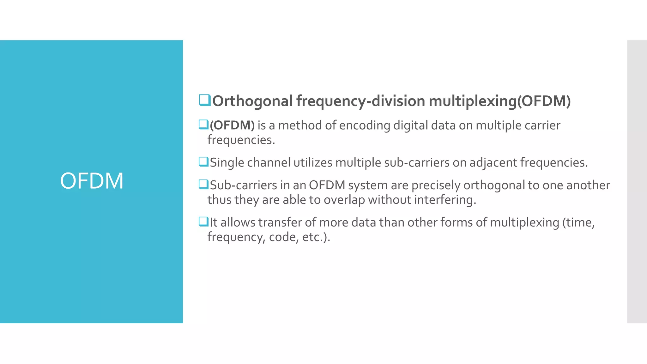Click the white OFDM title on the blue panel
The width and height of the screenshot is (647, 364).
(x=92, y=181)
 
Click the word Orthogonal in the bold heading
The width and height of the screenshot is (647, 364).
(x=252, y=101)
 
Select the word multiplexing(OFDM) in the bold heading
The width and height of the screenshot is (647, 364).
(x=499, y=101)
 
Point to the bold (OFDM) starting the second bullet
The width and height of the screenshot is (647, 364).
(x=232, y=125)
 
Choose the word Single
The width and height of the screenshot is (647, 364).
(x=227, y=163)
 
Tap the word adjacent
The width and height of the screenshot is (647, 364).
(x=493, y=163)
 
